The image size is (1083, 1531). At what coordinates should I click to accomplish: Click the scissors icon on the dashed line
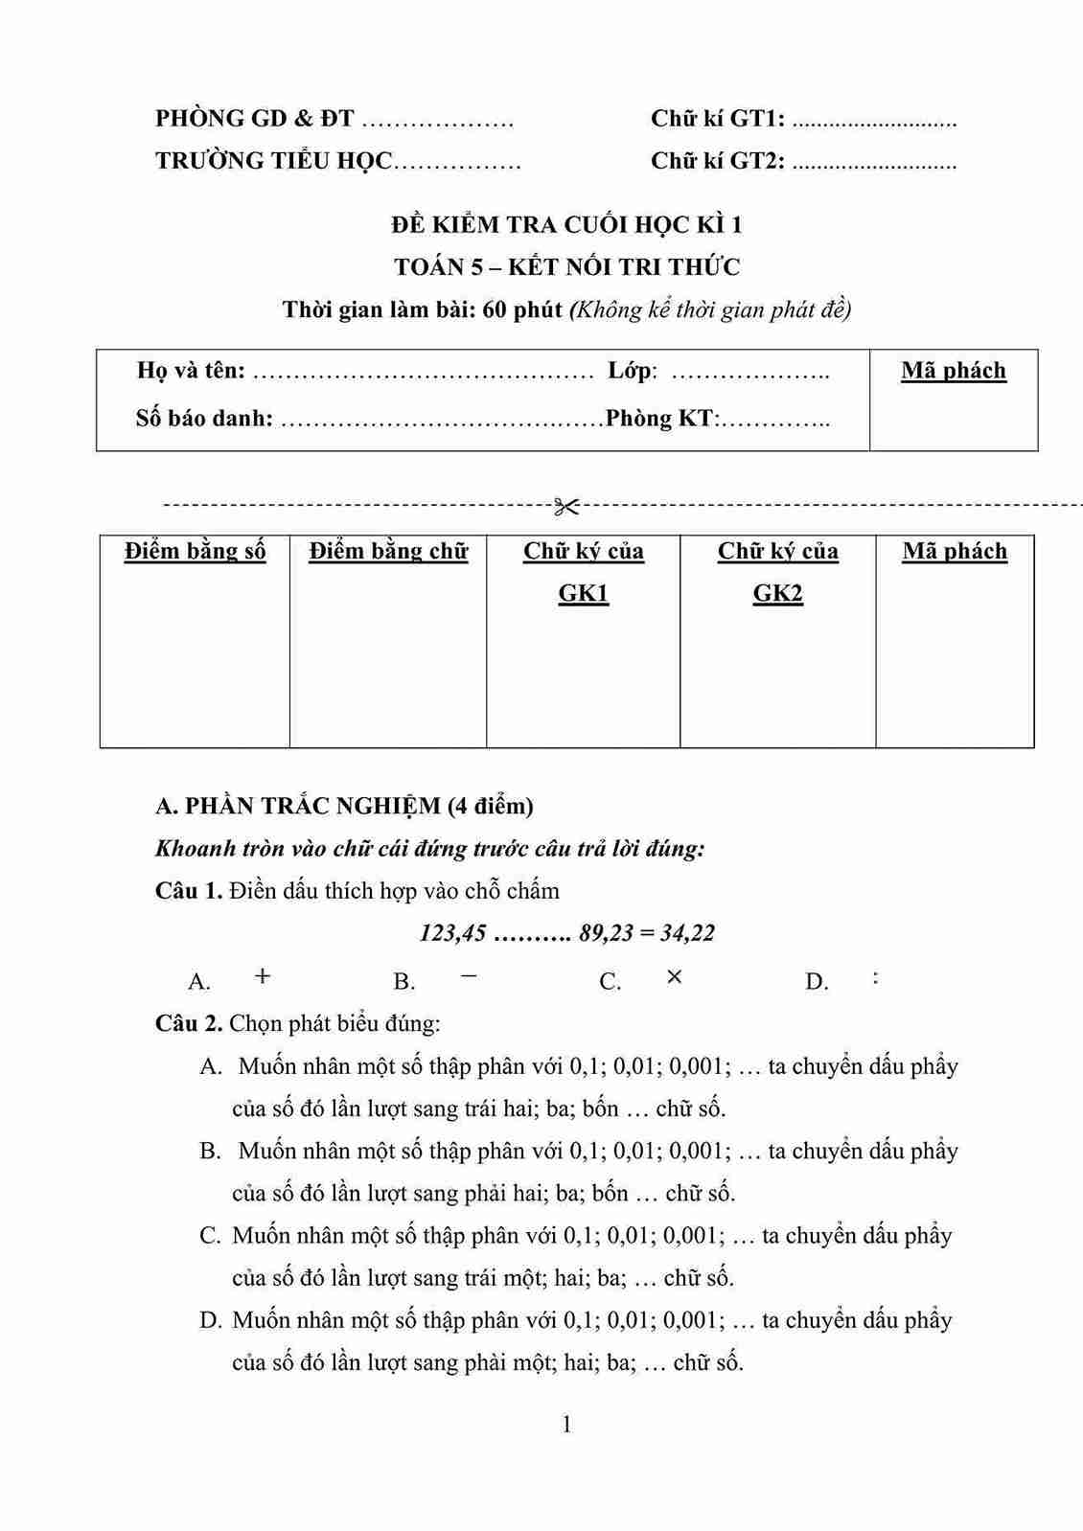click(566, 504)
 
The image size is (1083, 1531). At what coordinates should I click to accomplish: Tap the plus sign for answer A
click(263, 976)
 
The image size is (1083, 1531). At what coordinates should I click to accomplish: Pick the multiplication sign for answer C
click(675, 976)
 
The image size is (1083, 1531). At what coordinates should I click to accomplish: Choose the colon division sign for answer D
click(876, 977)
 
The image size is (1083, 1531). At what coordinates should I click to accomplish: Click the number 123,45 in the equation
click(453, 933)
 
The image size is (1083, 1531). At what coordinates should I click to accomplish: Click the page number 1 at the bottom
click(566, 1425)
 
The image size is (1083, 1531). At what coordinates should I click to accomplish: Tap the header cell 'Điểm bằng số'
click(195, 551)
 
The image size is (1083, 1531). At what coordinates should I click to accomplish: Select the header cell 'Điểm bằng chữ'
click(388, 551)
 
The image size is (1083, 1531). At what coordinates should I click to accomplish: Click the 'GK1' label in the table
click(583, 593)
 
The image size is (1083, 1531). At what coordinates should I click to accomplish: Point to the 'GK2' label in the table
click(777, 593)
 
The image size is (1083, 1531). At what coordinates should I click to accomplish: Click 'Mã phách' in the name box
click(954, 371)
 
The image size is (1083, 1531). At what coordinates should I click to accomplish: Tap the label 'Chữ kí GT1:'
click(718, 119)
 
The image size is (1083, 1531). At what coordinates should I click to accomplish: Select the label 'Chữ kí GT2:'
click(718, 161)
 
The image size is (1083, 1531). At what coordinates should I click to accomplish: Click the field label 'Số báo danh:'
click(204, 419)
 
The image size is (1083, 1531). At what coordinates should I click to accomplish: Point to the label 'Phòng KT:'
click(663, 419)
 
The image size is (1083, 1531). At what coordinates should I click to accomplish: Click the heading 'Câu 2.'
click(189, 1023)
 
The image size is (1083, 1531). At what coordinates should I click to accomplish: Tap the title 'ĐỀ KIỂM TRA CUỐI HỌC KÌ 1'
click(566, 225)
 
